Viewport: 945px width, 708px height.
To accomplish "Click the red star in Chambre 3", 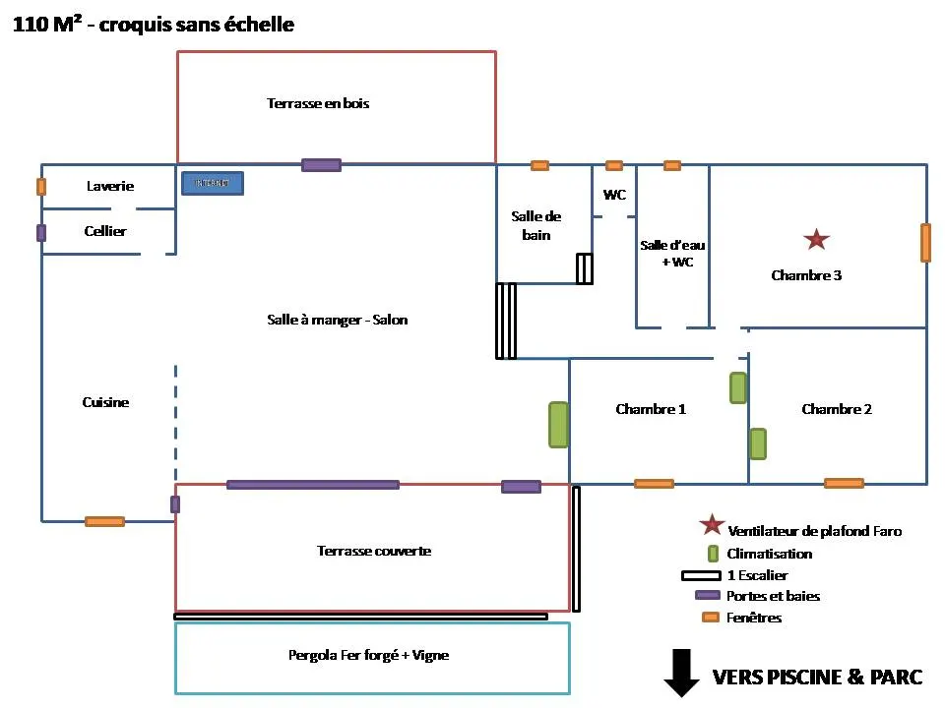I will tap(816, 239).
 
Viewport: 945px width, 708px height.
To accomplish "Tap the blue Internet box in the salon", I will tap(212, 183).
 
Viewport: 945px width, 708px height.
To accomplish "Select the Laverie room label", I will tap(109, 186).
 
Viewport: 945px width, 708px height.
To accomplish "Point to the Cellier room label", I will tap(105, 231).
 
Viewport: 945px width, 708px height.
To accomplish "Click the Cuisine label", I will tap(105, 402).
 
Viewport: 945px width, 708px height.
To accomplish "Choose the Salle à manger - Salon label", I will tap(337, 320).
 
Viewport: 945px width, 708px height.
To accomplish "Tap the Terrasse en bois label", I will tap(318, 103).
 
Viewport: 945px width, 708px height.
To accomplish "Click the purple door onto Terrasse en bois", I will tap(321, 165).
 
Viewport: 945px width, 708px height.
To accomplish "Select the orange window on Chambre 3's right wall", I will tap(925, 243).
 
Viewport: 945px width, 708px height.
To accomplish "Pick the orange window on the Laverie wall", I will tap(41, 186).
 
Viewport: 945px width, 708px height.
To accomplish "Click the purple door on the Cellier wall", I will tap(41, 233).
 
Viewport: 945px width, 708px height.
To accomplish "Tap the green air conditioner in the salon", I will tap(558, 425).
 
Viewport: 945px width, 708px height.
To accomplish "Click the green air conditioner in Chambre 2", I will tap(758, 443).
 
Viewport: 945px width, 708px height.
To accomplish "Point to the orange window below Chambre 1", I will tap(654, 484).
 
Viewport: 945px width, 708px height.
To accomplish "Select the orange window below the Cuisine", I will tap(104, 521).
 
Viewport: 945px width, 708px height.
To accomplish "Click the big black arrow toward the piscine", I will tap(680, 673).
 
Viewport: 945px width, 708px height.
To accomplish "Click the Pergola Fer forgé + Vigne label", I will tap(368, 655).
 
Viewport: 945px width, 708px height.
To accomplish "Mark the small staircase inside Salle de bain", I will tap(585, 268).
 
